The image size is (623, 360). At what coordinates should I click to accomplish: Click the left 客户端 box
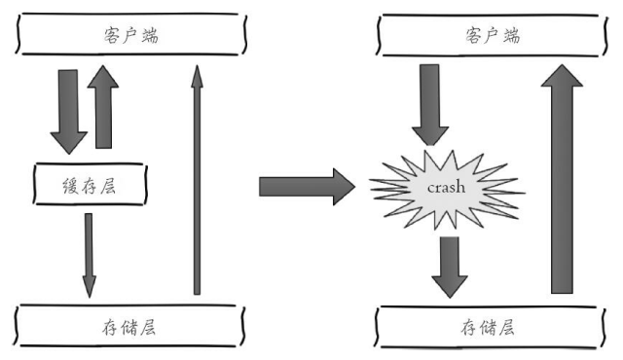[130, 36]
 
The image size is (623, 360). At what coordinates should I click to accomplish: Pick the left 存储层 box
[130, 325]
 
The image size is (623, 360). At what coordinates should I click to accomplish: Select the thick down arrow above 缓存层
[69, 109]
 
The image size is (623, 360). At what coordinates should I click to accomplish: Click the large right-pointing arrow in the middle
[308, 184]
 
